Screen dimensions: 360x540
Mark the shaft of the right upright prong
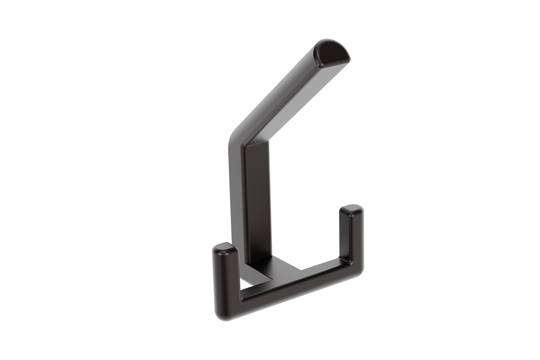point(351,238)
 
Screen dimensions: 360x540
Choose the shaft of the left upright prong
point(225,274)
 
